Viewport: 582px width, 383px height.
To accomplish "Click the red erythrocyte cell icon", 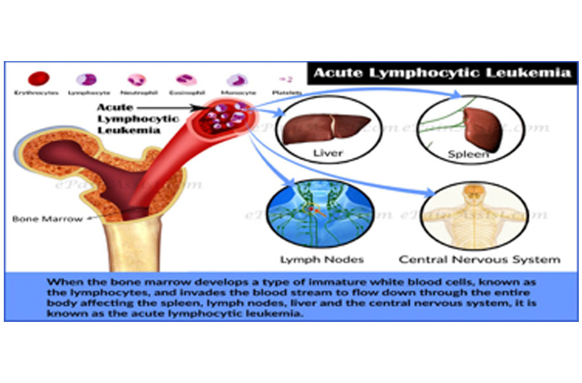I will click(39, 79).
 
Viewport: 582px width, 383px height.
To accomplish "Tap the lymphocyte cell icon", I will click(86, 80).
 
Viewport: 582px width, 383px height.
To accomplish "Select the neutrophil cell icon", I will click(136, 80).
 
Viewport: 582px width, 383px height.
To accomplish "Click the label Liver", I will click(327, 153).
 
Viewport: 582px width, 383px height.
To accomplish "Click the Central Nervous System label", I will click(479, 260).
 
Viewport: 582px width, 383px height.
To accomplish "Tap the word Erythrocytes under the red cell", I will click(36, 93).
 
